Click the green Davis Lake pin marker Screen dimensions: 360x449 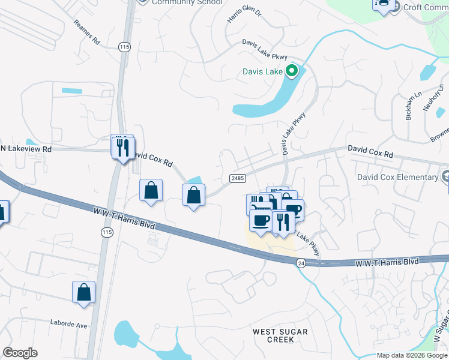coord(292,73)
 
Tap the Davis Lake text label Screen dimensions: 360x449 coord(262,72)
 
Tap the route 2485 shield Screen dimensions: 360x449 coord(237,178)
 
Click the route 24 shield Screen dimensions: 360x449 coord(301,263)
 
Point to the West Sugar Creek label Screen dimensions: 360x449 coord(280,335)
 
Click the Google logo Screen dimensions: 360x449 coord(20,353)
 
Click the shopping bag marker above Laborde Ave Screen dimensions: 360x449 coord(84,292)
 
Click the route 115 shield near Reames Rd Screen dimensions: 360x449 coord(124,47)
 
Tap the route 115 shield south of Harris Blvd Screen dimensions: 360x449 coord(107,232)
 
